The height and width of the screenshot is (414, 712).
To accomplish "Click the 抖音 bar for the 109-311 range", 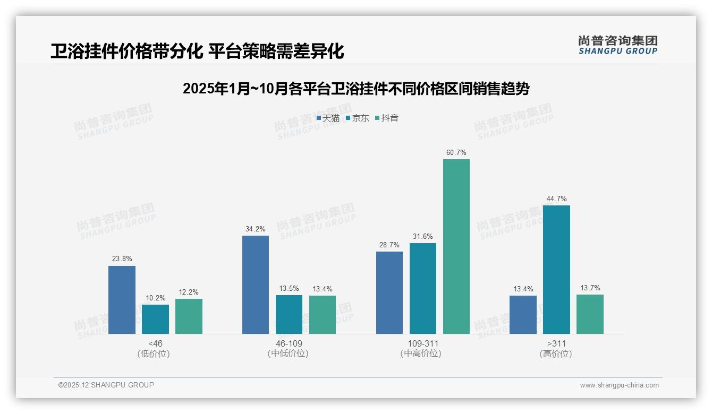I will (456, 246).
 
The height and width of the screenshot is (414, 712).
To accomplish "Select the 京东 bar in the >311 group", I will (556, 270).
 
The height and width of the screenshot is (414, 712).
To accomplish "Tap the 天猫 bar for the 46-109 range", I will (256, 284).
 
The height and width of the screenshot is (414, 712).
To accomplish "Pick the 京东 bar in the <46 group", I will (155, 319).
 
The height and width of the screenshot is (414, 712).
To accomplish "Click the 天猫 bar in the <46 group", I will (122, 300).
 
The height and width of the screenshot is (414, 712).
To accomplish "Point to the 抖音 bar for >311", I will (590, 314).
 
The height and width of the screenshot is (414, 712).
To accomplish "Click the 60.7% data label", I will (456, 153).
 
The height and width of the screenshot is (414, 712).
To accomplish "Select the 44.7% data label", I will (556, 199).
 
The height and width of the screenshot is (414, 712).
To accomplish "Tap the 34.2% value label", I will (256, 229).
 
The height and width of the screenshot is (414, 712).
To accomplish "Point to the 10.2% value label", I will (155, 298).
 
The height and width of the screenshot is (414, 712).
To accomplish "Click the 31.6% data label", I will (423, 237).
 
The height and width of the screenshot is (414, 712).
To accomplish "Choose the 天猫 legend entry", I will (328, 118).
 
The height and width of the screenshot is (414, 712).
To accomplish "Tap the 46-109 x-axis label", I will (289, 343).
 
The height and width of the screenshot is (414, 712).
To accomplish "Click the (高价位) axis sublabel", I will (556, 354).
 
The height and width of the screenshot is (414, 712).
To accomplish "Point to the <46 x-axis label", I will (155, 343).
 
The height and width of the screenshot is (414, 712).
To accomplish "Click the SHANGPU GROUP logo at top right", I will (618, 45).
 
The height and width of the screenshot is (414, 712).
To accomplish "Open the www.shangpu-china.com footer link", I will (619, 385).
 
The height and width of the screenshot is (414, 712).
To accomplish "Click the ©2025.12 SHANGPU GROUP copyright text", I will (106, 385).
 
